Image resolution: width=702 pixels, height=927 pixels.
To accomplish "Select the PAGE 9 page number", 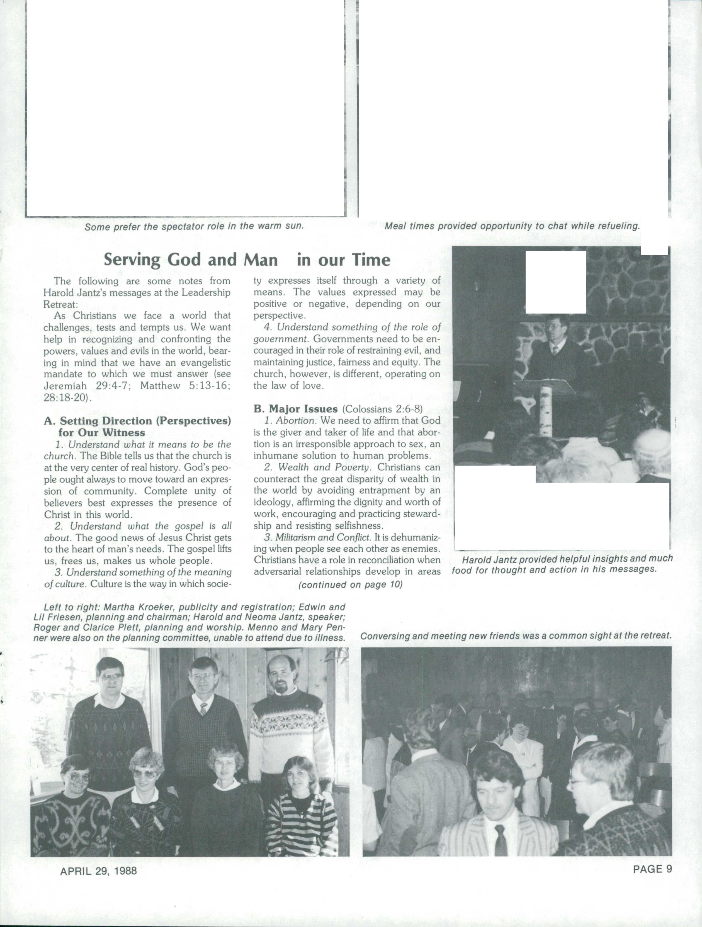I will pos(652,869).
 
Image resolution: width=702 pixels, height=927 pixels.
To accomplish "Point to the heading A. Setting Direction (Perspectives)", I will pos(137,421).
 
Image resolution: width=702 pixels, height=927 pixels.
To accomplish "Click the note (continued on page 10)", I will pos(350,584).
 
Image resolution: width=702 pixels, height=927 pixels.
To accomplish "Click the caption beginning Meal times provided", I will pos(512,226).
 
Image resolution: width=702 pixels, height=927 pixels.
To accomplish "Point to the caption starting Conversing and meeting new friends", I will pos(516,636).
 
